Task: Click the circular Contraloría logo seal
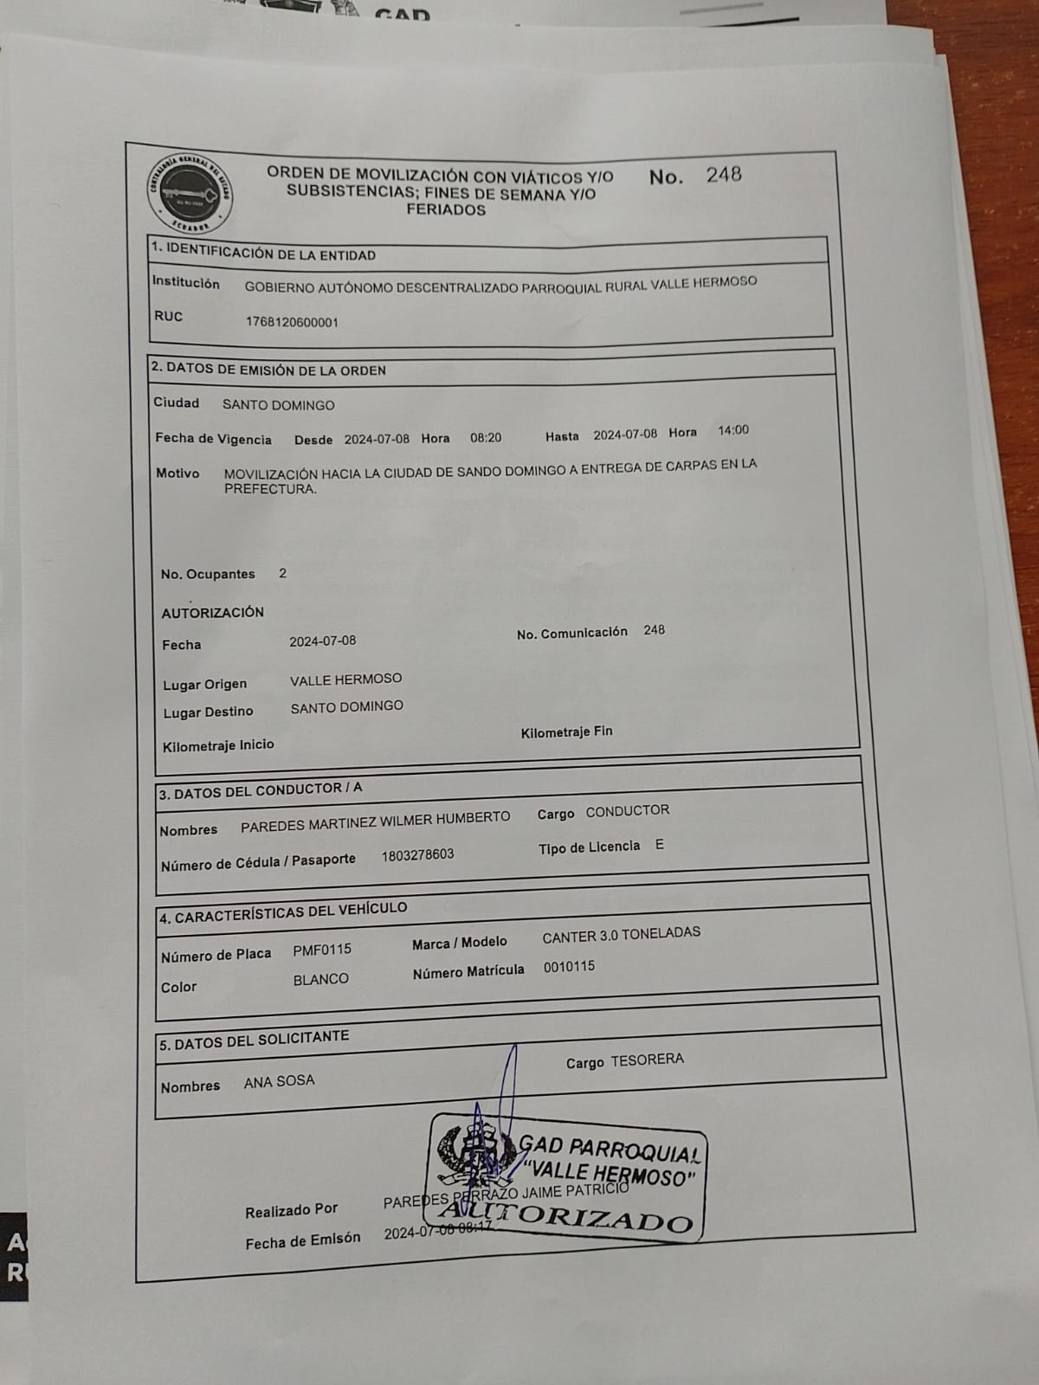click(189, 193)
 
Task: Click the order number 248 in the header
click(723, 175)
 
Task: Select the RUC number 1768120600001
click(292, 322)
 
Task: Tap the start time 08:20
click(486, 438)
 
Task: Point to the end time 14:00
click(732, 430)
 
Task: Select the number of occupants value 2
click(283, 573)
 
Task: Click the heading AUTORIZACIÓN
click(212, 612)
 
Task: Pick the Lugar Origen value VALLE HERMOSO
click(345, 680)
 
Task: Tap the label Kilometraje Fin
click(566, 732)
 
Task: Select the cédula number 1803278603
click(417, 855)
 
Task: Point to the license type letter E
click(660, 845)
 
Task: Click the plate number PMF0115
click(322, 950)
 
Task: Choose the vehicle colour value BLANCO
click(320, 979)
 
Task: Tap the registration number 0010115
click(569, 967)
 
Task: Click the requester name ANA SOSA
click(279, 1081)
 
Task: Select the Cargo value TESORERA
click(647, 1060)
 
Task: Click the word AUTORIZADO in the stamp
click(571, 1216)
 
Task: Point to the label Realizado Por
click(291, 1210)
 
